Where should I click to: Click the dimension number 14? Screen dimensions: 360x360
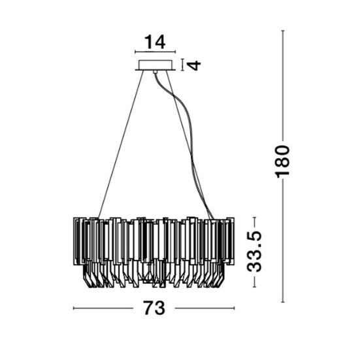point(155,42)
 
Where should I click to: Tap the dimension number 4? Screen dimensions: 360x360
point(193,65)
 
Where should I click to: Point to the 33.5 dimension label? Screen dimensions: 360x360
point(254,252)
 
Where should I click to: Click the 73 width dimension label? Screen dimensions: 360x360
point(154,308)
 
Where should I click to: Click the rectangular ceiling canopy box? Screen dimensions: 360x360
point(155,65)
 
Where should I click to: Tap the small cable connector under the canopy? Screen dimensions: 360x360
point(155,72)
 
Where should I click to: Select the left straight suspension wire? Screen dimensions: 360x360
point(121,144)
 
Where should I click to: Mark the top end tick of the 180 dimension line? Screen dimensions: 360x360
point(283,31)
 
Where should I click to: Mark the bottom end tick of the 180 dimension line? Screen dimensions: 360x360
point(283,302)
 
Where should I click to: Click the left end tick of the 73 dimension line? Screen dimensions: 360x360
point(73,308)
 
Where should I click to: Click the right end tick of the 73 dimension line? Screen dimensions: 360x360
point(234,308)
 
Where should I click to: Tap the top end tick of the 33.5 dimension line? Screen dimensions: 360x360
point(254,217)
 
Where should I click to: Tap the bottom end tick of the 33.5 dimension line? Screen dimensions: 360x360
point(254,287)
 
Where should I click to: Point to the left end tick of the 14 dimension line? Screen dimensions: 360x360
point(135,52)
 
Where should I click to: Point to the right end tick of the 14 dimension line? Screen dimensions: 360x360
point(175,52)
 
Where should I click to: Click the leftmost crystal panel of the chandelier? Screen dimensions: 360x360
point(76,241)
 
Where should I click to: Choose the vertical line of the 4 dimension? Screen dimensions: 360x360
point(182,65)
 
